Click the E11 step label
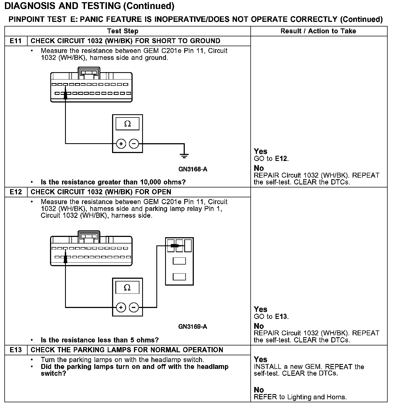point(16,41)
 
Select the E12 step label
point(16,192)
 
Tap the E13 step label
point(16,350)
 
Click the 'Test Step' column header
point(122,31)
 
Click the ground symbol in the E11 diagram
point(184,156)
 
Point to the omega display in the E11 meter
point(127,124)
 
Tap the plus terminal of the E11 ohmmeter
point(121,143)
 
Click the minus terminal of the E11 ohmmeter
point(134,143)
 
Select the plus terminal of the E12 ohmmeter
point(121,307)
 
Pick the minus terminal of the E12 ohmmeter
point(134,307)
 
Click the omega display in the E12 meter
point(127,288)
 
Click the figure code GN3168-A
point(193,169)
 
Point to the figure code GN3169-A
point(193,327)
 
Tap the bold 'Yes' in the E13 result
point(261,359)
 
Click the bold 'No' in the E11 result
point(259,168)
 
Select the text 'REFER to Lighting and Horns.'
point(300,397)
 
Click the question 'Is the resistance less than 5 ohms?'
point(99,340)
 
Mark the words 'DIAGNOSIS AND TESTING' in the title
point(63,6)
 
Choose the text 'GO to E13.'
point(271,317)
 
